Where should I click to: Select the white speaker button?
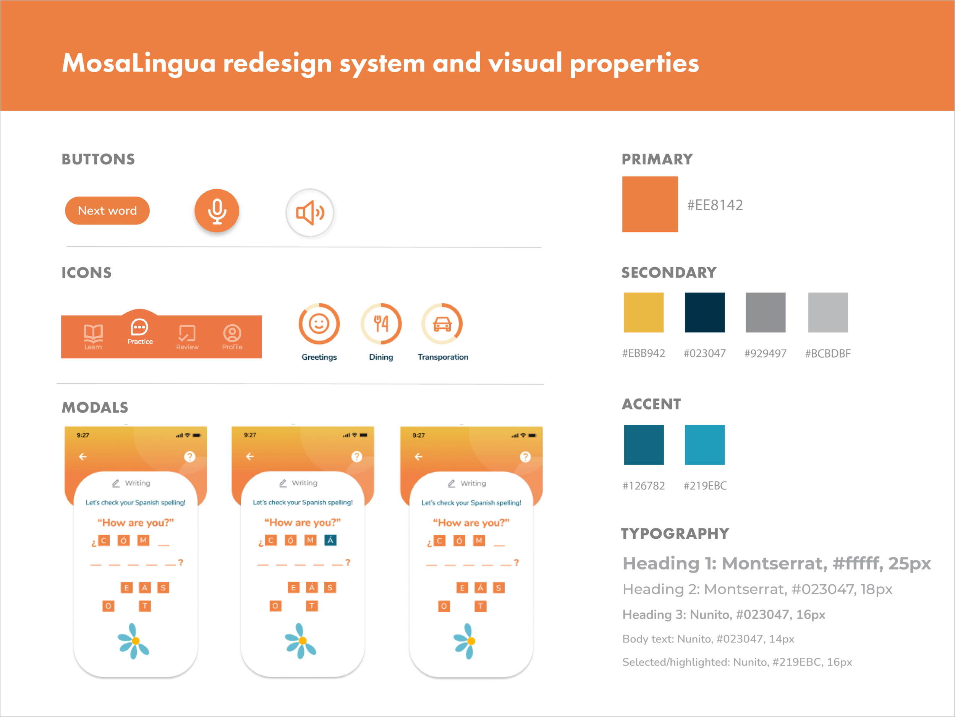pos(309,213)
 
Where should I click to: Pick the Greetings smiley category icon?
pos(319,324)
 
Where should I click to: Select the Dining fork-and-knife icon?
pos(381,324)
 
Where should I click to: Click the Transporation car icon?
pos(442,324)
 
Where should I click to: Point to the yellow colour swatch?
pos(653,320)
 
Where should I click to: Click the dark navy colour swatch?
pos(714,320)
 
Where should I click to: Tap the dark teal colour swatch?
pos(654,453)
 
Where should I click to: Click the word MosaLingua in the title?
pos(139,63)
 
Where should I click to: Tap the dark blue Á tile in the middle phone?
pos(330,540)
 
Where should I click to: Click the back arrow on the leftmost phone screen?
pos(83,456)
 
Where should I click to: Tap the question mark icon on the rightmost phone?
pos(525,457)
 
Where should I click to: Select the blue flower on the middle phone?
pos(301,641)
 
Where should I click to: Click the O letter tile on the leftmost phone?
pos(108,606)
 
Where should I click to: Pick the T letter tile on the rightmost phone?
pos(480,606)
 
